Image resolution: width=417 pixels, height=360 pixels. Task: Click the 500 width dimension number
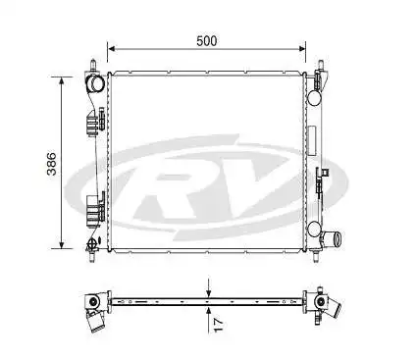[207, 40]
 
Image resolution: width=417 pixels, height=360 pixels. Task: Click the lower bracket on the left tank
[95, 209]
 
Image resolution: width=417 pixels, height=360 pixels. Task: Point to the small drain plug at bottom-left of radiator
[92, 243]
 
